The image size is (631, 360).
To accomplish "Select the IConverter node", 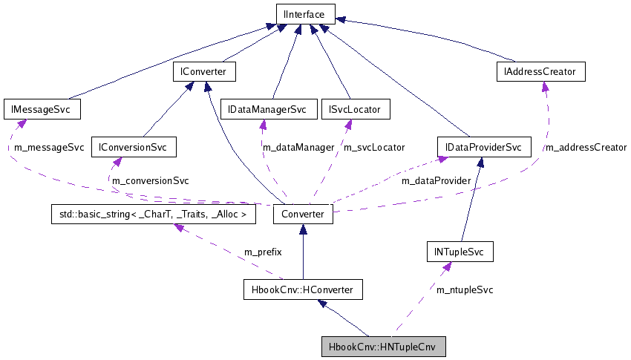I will coord(204,71).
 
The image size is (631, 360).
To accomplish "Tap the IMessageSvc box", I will coord(42,109).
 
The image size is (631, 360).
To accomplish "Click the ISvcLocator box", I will coord(354,109).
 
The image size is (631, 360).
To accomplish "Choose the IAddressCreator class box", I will coord(540,71).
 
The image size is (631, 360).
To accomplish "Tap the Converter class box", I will coord(303,215).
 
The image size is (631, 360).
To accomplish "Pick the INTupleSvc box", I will coord(460,252).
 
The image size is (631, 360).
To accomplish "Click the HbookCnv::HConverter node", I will coord(303,289).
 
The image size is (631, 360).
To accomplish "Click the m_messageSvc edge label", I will coord(49,148).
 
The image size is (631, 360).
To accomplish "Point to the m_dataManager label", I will coord(298,148).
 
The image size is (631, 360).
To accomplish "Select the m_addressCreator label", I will coord(586,148).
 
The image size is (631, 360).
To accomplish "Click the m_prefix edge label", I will coord(263,252).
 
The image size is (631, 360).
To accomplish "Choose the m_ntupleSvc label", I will coord(465,289).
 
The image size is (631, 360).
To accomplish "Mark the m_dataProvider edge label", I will coord(436,180).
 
